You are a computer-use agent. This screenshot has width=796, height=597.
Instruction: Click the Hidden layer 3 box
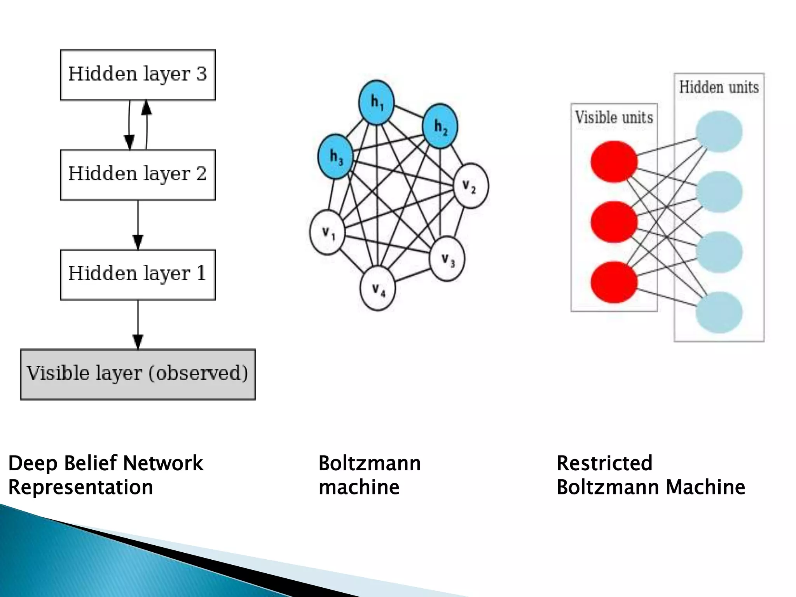tap(138, 75)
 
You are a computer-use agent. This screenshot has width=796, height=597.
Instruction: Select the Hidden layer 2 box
tap(138, 175)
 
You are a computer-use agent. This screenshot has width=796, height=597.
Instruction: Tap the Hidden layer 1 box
tap(138, 274)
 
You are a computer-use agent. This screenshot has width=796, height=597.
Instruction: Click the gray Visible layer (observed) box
tap(138, 374)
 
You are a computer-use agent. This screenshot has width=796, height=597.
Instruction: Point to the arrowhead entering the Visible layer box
tap(138, 342)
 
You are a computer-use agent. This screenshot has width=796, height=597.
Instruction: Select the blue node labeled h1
tap(376, 102)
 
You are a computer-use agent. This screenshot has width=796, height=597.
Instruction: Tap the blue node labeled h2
tap(440, 126)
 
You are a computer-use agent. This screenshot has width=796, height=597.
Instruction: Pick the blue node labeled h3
tap(336, 156)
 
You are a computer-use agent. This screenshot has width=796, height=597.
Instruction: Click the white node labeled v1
tap(327, 232)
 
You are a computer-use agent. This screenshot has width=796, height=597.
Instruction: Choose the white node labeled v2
tap(471, 186)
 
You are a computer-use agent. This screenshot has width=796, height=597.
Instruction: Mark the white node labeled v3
tap(447, 259)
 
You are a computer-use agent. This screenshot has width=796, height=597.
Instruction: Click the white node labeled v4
tap(378, 288)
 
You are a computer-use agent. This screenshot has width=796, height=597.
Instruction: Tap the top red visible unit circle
tap(614, 161)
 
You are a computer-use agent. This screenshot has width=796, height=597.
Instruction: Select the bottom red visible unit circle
tap(614, 282)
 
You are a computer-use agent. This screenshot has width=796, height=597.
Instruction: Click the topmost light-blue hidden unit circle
tap(719, 131)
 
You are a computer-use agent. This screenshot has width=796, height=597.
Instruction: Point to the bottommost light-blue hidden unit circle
tap(719, 312)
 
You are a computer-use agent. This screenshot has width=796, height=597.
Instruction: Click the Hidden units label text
tap(719, 87)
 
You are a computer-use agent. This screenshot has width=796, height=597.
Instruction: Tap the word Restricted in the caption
tap(604, 463)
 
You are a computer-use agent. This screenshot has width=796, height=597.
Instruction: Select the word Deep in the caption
tap(33, 463)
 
